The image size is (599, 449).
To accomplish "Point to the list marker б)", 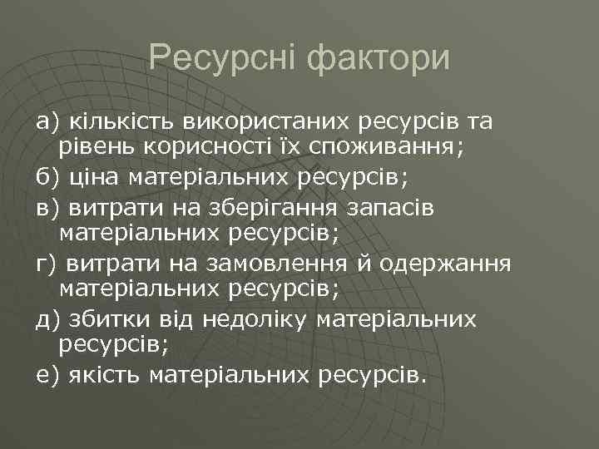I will (x=45, y=177).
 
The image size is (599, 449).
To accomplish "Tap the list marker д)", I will (x=46, y=319).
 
